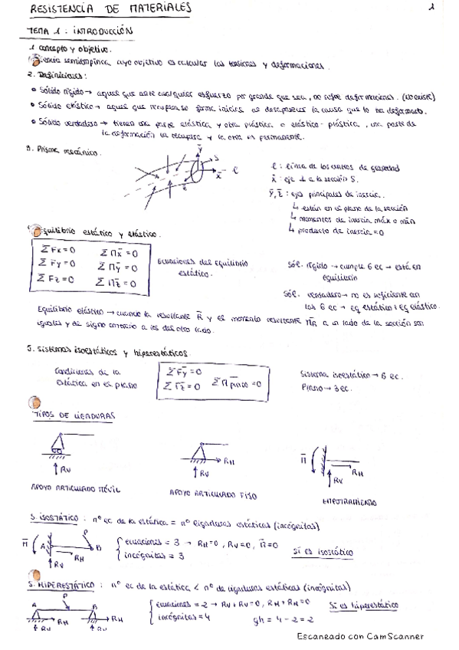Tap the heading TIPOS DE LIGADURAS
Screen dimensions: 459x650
click(x=74, y=415)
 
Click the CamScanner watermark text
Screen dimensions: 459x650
click(x=359, y=636)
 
